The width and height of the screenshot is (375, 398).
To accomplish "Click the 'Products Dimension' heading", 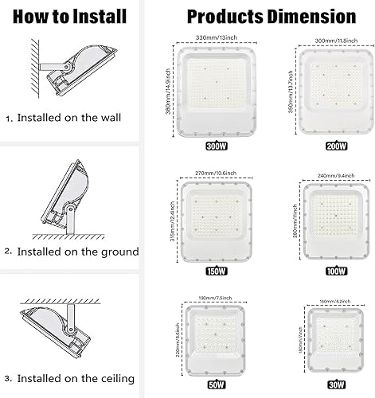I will coord(270,15).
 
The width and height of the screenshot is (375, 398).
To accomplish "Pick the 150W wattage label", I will coord(215,271).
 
